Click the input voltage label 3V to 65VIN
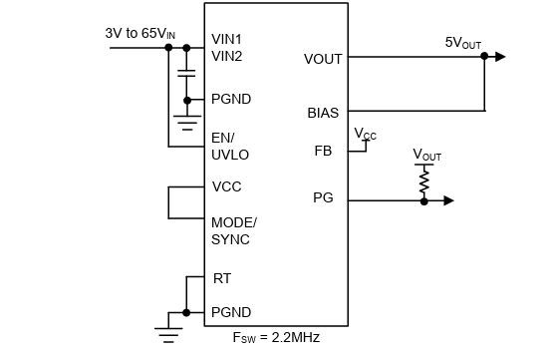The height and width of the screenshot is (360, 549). coord(140,33)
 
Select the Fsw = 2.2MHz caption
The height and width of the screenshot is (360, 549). coord(275,337)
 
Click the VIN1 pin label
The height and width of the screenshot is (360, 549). coord(227,40)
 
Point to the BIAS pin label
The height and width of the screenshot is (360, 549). coord(324,113)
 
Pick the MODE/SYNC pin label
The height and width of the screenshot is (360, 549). coord(233,230)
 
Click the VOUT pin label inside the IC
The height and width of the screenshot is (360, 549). coord(323,59)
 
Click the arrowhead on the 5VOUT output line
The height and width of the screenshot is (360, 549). coord(500,57)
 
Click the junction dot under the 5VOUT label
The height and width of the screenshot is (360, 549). coord(483,57)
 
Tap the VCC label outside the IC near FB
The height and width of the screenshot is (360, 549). coord(366,134)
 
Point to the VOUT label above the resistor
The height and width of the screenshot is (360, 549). coord(426,156)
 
